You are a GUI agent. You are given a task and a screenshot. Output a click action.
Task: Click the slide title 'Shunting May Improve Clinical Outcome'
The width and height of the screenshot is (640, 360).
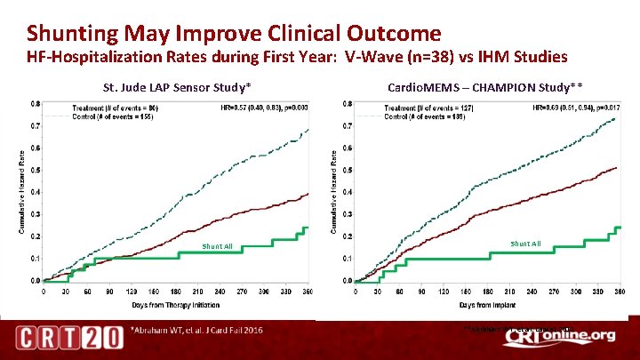pos(233,34)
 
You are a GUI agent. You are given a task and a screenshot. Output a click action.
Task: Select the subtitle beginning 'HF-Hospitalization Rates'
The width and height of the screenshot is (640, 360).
pos(297,58)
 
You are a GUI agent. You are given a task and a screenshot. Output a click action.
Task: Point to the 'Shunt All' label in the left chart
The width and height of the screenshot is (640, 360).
pos(216,247)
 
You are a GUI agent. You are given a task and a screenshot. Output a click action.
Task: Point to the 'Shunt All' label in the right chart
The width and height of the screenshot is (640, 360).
pos(525,243)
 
